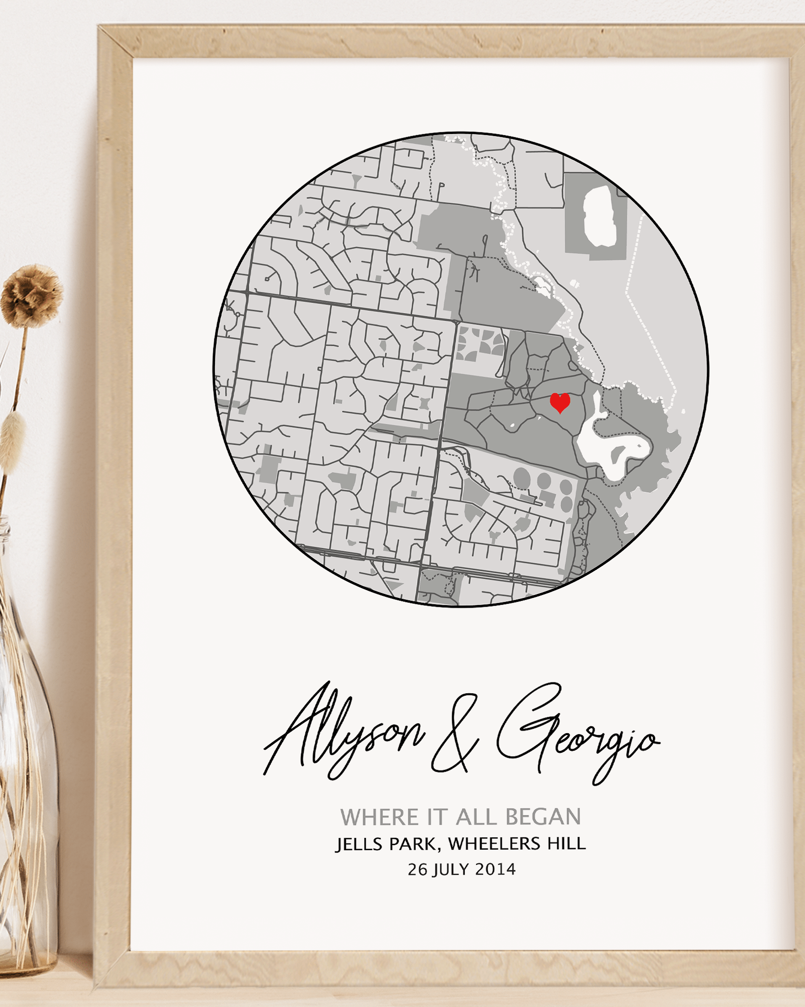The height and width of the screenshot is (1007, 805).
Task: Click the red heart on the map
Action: [x=559, y=402]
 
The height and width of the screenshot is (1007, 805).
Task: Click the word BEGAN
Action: [x=543, y=817]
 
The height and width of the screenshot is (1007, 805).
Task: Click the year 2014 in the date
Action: [x=495, y=870]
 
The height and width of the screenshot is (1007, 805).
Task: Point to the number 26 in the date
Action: [x=418, y=870]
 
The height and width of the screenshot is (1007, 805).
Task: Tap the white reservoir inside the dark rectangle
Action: [x=600, y=216]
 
